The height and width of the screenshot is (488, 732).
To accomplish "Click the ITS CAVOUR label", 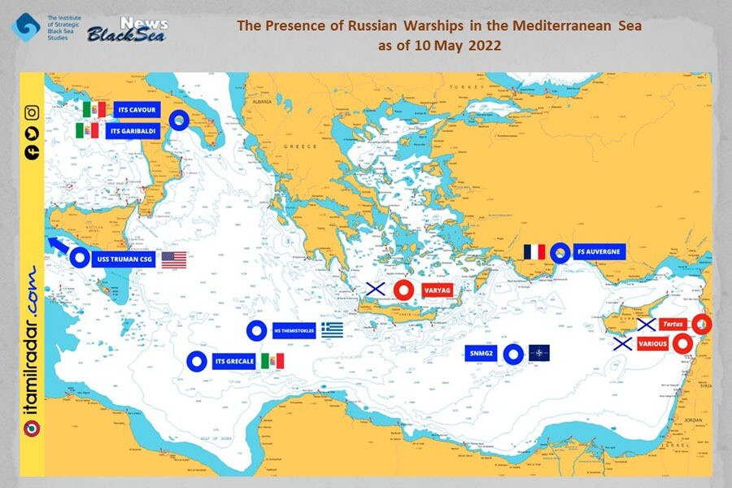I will [x=132, y=110].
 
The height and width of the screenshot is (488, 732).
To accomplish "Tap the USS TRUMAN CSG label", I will [x=123, y=260].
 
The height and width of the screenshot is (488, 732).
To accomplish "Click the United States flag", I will [x=174, y=260].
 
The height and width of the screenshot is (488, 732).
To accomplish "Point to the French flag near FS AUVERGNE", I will [x=534, y=252].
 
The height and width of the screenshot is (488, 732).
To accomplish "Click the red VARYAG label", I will [x=437, y=290].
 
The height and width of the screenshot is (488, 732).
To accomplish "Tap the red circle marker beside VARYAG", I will [x=403, y=290].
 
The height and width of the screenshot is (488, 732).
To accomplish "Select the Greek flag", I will [x=332, y=329].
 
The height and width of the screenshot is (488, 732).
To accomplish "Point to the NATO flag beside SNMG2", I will [x=538, y=354].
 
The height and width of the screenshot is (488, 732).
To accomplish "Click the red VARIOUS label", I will [x=653, y=344].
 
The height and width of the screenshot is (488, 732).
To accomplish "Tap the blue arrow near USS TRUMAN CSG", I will [x=58, y=247].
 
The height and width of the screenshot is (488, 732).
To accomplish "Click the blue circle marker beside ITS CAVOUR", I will [x=179, y=120].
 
